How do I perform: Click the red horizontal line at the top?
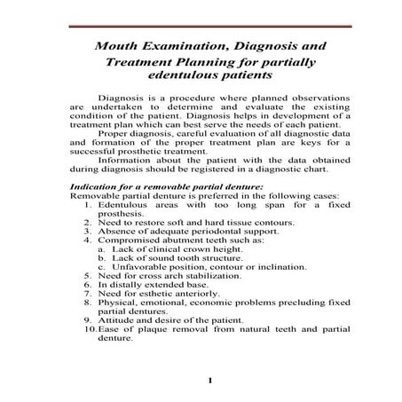(201, 27)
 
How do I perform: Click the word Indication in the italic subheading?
(93, 185)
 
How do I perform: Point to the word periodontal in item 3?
(204, 231)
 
